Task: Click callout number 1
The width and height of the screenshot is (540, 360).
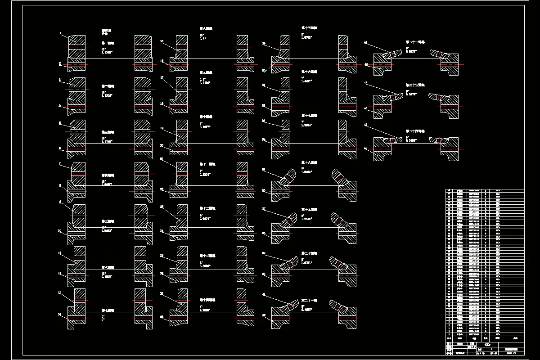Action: (60, 33)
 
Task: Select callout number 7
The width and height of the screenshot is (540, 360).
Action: (60, 164)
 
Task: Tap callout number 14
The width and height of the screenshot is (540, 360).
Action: (60, 314)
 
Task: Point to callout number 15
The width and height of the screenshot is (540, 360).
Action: (162, 41)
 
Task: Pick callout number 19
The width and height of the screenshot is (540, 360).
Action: (162, 128)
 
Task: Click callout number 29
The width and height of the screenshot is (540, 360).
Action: (264, 44)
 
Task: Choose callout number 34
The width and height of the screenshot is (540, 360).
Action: (264, 139)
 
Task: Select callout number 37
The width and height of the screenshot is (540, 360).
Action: (264, 209)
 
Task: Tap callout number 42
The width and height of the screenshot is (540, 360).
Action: (264, 315)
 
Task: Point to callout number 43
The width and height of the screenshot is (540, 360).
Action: (366, 43)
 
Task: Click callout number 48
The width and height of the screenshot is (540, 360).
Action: (366, 148)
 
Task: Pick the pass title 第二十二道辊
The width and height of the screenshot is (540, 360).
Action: (415, 42)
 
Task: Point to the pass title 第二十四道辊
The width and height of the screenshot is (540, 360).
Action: (415, 131)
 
